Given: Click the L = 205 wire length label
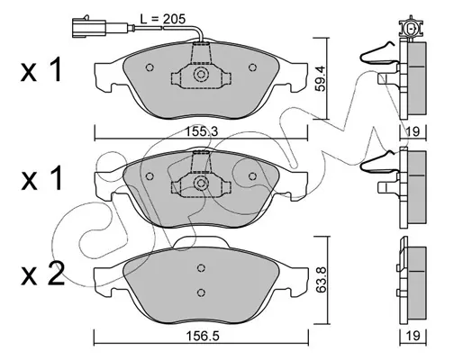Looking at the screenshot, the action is pyautogui.click(x=163, y=19).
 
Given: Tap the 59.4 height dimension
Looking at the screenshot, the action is pyautogui.click(x=321, y=79).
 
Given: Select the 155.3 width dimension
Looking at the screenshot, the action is pyautogui.click(x=202, y=131).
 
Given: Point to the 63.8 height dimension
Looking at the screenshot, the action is pyautogui.click(x=321, y=281).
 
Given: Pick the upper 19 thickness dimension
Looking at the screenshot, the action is pyautogui.click(x=413, y=131).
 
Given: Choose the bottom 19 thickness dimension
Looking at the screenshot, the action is pyautogui.click(x=413, y=336).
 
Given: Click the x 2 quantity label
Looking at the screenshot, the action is pyautogui.click(x=42, y=274).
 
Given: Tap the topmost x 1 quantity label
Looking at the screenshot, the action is pyautogui.click(x=41, y=70).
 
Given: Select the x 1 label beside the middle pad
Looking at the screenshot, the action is pyautogui.click(x=41, y=178).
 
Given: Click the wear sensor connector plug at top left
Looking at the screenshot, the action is pyautogui.click(x=89, y=27).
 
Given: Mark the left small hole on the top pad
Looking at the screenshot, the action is pyautogui.click(x=150, y=67).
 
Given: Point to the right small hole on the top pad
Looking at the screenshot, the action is pyautogui.click(x=252, y=67).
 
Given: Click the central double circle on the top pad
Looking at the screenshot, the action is pyautogui.click(x=201, y=75).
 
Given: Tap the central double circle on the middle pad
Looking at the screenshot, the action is pyautogui.click(x=201, y=183).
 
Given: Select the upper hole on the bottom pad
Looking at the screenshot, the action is pyautogui.click(x=202, y=267).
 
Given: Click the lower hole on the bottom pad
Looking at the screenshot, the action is pyautogui.click(x=202, y=292).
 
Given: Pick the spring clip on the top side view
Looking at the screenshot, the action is pyautogui.click(x=379, y=53).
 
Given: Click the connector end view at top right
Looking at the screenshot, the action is pyautogui.click(x=411, y=29).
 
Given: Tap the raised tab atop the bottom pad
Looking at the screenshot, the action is pyautogui.click(x=201, y=242).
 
